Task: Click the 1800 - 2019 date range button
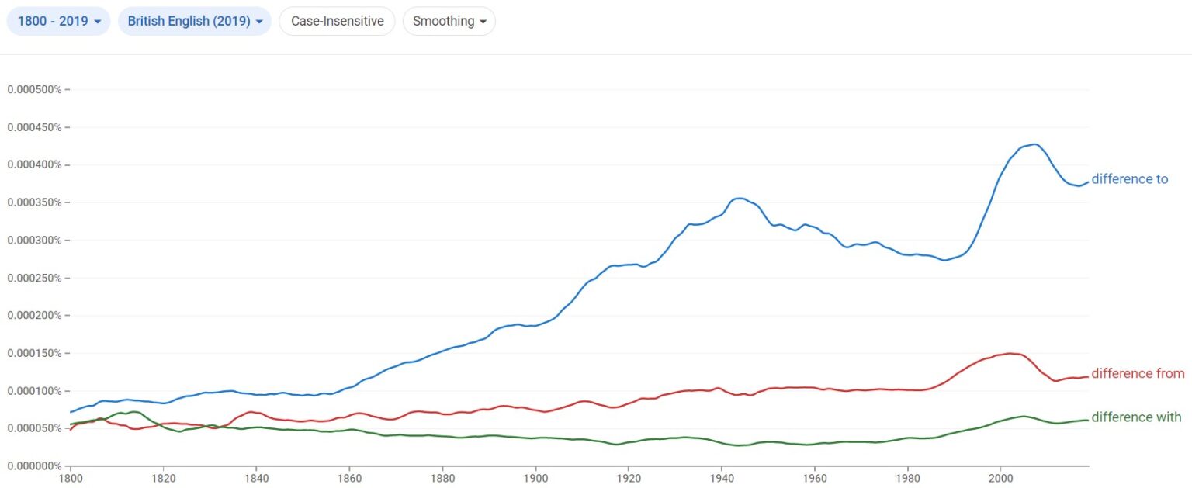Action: point(58,21)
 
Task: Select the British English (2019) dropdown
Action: point(194,21)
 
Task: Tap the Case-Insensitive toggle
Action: point(337,21)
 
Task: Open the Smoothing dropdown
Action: point(449,21)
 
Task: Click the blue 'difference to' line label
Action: point(1129,179)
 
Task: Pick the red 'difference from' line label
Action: point(1138,374)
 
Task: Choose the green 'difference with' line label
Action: point(1136,417)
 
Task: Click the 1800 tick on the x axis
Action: point(70,478)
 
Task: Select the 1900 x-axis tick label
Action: point(535,478)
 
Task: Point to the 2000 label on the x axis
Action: point(1000,478)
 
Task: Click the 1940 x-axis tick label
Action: point(722,478)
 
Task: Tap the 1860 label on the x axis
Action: point(349,478)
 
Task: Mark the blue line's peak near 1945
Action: point(740,198)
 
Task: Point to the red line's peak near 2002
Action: point(1010,353)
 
